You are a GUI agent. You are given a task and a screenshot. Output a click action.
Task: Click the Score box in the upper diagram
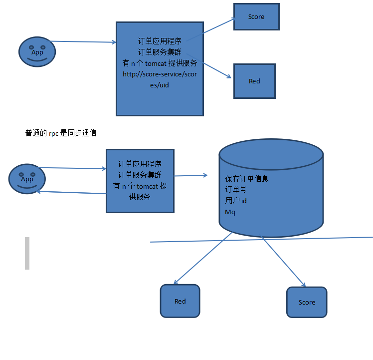click(256, 17)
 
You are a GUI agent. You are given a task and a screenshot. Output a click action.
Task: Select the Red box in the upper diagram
click(254, 81)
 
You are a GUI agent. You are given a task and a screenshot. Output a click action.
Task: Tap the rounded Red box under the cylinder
click(180, 301)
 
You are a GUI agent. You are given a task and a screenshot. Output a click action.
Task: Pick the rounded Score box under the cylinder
click(307, 302)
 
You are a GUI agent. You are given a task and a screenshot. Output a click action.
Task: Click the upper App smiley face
click(37, 51)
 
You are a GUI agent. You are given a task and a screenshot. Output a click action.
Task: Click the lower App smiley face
click(27, 179)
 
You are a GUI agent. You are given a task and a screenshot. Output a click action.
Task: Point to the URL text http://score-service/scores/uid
click(160, 79)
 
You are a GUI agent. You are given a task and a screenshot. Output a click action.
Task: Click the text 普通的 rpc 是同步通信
click(61, 133)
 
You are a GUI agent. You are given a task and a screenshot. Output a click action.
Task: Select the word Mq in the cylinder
click(230, 212)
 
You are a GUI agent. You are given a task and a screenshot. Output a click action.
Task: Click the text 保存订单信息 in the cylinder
click(247, 178)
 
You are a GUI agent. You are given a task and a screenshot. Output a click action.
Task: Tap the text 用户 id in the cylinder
click(236, 201)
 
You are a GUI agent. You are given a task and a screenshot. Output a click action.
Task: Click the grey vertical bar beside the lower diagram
click(27, 253)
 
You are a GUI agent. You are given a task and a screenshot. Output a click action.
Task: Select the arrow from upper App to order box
click(83, 42)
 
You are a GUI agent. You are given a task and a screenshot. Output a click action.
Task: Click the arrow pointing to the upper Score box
click(212, 29)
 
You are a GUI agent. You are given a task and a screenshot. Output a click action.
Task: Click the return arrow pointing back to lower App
click(71, 193)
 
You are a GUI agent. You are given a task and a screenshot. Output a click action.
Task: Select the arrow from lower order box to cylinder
click(190, 175)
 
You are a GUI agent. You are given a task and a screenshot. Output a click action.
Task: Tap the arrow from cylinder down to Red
click(202, 258)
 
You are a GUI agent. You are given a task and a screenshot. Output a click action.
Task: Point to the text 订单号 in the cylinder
click(236, 190)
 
